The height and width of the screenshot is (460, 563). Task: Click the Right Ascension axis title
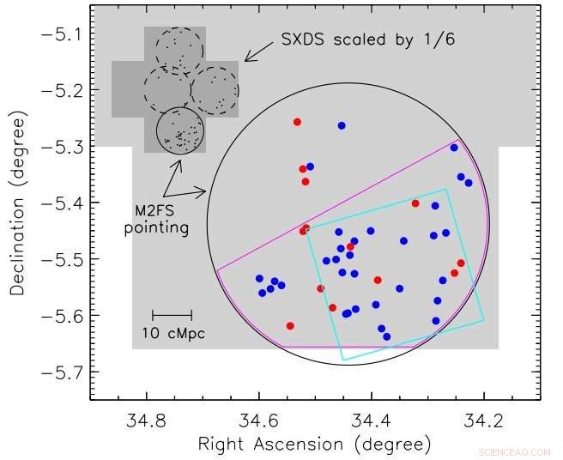314,445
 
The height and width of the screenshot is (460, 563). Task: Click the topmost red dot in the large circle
297,122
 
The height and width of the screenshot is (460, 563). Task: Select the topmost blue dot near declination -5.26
342,125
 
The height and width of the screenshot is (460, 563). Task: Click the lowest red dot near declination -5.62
290,326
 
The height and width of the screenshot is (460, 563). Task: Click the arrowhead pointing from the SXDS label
245,60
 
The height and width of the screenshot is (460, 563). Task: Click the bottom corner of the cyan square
342,360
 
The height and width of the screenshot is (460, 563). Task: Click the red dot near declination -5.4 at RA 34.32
415,203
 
